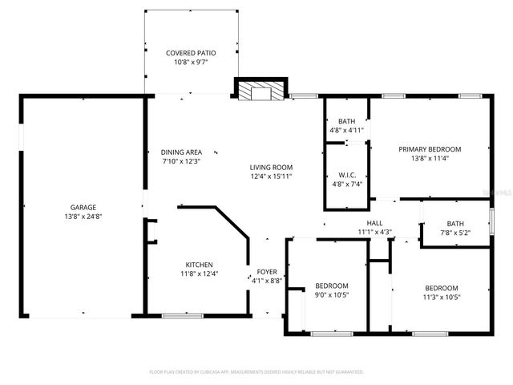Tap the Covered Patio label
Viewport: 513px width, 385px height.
tap(191, 53)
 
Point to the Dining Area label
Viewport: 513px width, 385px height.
tap(181, 152)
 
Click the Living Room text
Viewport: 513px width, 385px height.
tap(270, 166)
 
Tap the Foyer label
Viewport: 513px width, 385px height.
tap(266, 272)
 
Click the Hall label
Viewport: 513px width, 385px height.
tap(374, 224)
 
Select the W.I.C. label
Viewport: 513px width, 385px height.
tap(347, 174)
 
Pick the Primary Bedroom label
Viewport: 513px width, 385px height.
tap(430, 149)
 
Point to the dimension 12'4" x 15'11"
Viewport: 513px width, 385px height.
tap(270, 176)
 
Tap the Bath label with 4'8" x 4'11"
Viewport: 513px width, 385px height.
tap(346, 121)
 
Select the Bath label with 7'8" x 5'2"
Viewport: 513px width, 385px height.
tap(455, 224)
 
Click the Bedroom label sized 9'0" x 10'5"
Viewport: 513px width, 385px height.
tap(331, 286)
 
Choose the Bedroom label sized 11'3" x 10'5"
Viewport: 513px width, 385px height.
tap(441, 288)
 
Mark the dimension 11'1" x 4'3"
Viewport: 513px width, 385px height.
tap(374, 233)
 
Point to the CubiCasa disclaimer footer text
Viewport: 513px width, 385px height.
tap(256, 372)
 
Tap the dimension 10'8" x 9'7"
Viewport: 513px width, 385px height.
tap(191, 62)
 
